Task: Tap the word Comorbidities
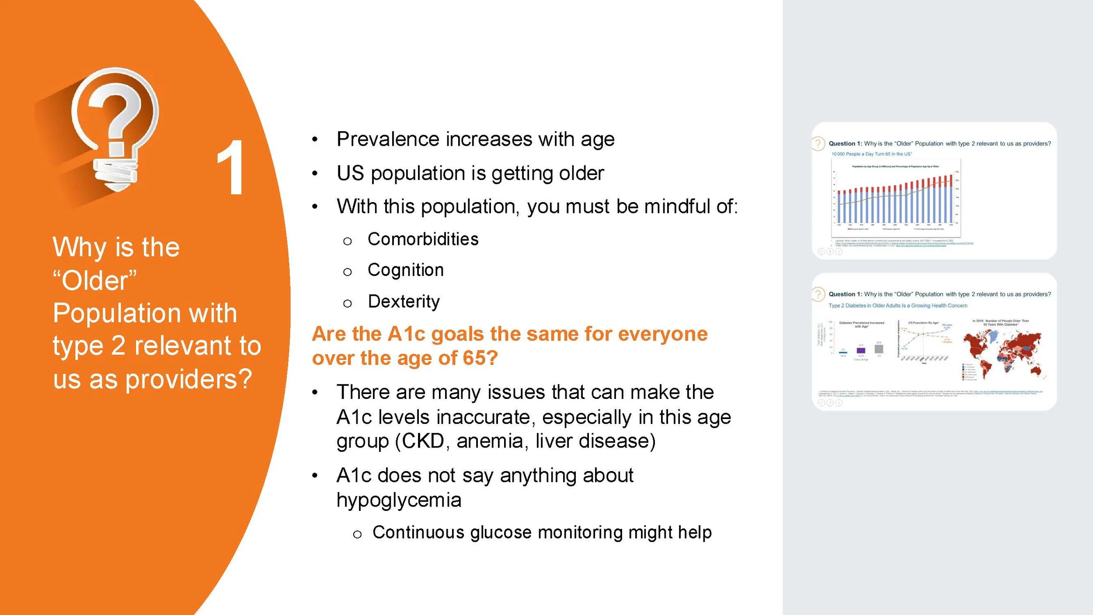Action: pyautogui.click(x=423, y=239)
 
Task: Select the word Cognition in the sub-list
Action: pyautogui.click(x=405, y=270)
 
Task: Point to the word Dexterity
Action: pyautogui.click(x=404, y=301)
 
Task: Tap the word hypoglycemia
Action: pyautogui.click(x=399, y=500)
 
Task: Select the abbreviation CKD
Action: pyautogui.click(x=422, y=441)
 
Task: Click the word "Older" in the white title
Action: pyautogui.click(x=94, y=280)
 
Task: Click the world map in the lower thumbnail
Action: pyautogui.click(x=1002, y=355)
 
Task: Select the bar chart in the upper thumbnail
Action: pyautogui.click(x=895, y=199)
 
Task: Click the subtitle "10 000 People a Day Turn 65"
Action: pyautogui.click(x=871, y=154)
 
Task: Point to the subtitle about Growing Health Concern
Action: pyautogui.click(x=898, y=306)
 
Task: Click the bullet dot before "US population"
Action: pyautogui.click(x=315, y=174)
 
